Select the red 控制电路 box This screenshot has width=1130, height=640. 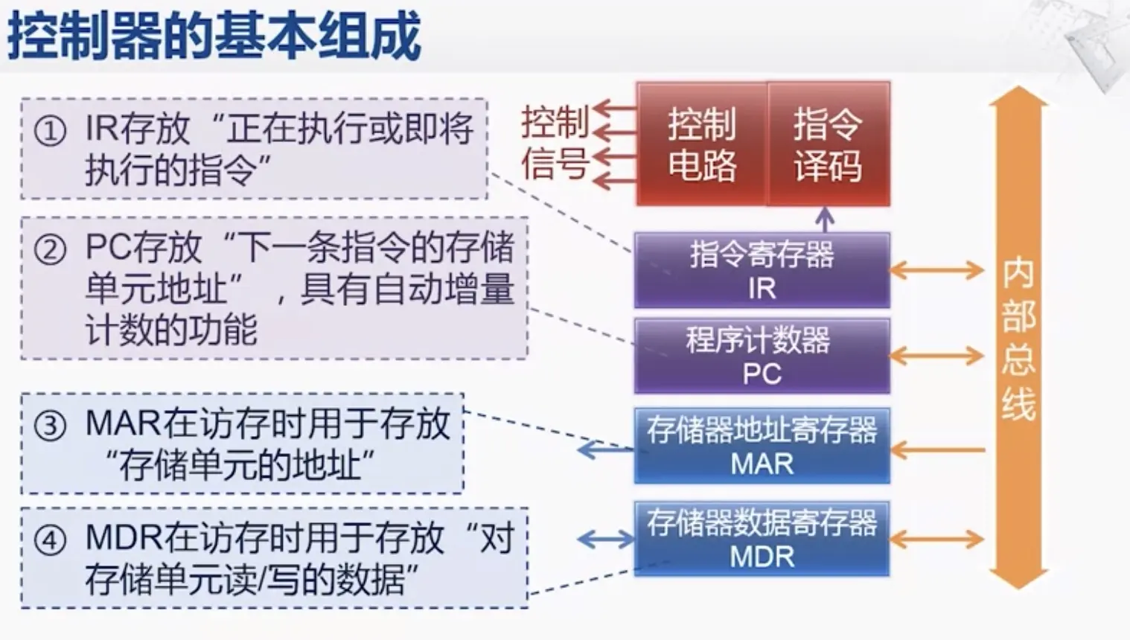(701, 144)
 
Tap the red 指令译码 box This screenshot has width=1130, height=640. (828, 144)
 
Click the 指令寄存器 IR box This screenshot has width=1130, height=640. (762, 270)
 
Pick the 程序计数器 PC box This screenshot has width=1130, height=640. (762, 356)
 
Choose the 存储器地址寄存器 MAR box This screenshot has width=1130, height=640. (762, 446)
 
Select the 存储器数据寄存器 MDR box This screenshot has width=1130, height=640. (762, 539)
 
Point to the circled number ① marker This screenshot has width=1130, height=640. (51, 132)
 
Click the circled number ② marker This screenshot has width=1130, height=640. (51, 249)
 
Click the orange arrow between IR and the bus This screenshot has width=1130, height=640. (938, 270)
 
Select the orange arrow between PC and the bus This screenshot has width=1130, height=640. (938, 356)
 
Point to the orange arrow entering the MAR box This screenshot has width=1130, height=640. (938, 449)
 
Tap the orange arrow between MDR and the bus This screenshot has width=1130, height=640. (938, 539)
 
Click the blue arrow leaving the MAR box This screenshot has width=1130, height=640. (604, 449)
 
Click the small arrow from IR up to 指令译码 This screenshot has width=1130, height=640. (824, 219)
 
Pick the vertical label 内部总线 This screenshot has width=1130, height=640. (1018, 339)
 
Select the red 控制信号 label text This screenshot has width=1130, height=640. (555, 143)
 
